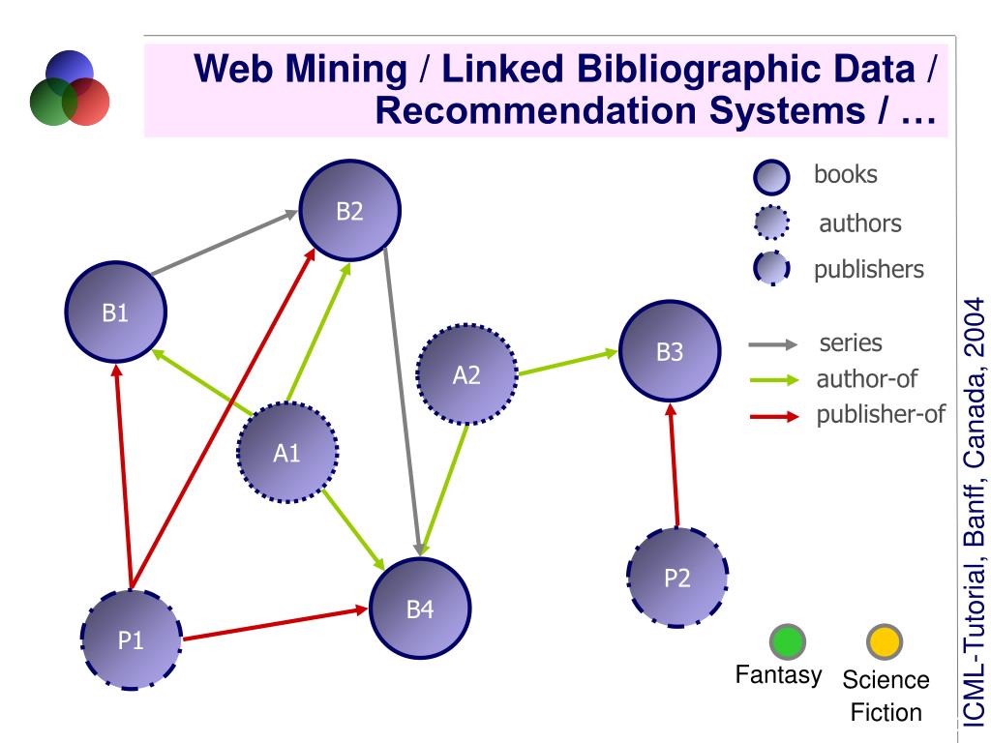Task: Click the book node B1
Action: click(x=115, y=312)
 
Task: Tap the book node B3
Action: click(x=670, y=351)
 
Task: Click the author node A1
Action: click(x=287, y=452)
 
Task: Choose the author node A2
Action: click(x=466, y=374)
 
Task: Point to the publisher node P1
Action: click(x=131, y=639)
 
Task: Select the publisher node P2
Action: click(x=677, y=578)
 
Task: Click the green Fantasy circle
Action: click(x=787, y=640)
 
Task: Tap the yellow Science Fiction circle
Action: click(x=884, y=640)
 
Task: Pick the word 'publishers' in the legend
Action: click(x=868, y=269)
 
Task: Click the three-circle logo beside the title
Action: click(x=69, y=89)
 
